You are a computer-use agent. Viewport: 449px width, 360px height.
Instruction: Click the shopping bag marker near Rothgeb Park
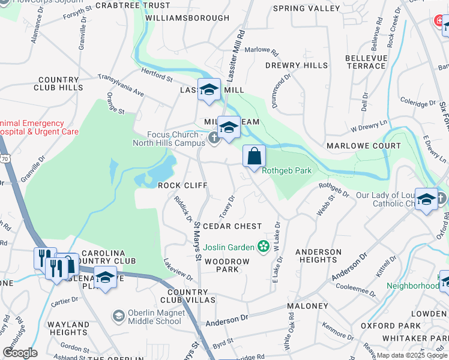pyautogui.click(x=254, y=156)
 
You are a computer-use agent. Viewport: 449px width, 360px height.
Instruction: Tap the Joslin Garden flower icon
pyautogui.click(x=262, y=246)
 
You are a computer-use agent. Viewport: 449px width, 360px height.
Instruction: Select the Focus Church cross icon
pyautogui.click(x=214, y=139)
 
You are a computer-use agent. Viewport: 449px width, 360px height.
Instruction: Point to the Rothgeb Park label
pyautogui.click(x=287, y=171)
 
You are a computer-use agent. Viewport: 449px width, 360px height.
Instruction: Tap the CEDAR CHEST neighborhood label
pyautogui.click(x=232, y=226)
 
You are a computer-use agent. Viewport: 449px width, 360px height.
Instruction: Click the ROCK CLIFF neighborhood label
pyautogui.click(x=182, y=185)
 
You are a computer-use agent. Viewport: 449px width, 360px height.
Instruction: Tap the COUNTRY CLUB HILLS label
pyautogui.click(x=60, y=83)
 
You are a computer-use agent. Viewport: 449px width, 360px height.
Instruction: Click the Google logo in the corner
pyautogui.click(x=20, y=353)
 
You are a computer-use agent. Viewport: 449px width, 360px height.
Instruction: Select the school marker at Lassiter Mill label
pyautogui.click(x=209, y=90)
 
